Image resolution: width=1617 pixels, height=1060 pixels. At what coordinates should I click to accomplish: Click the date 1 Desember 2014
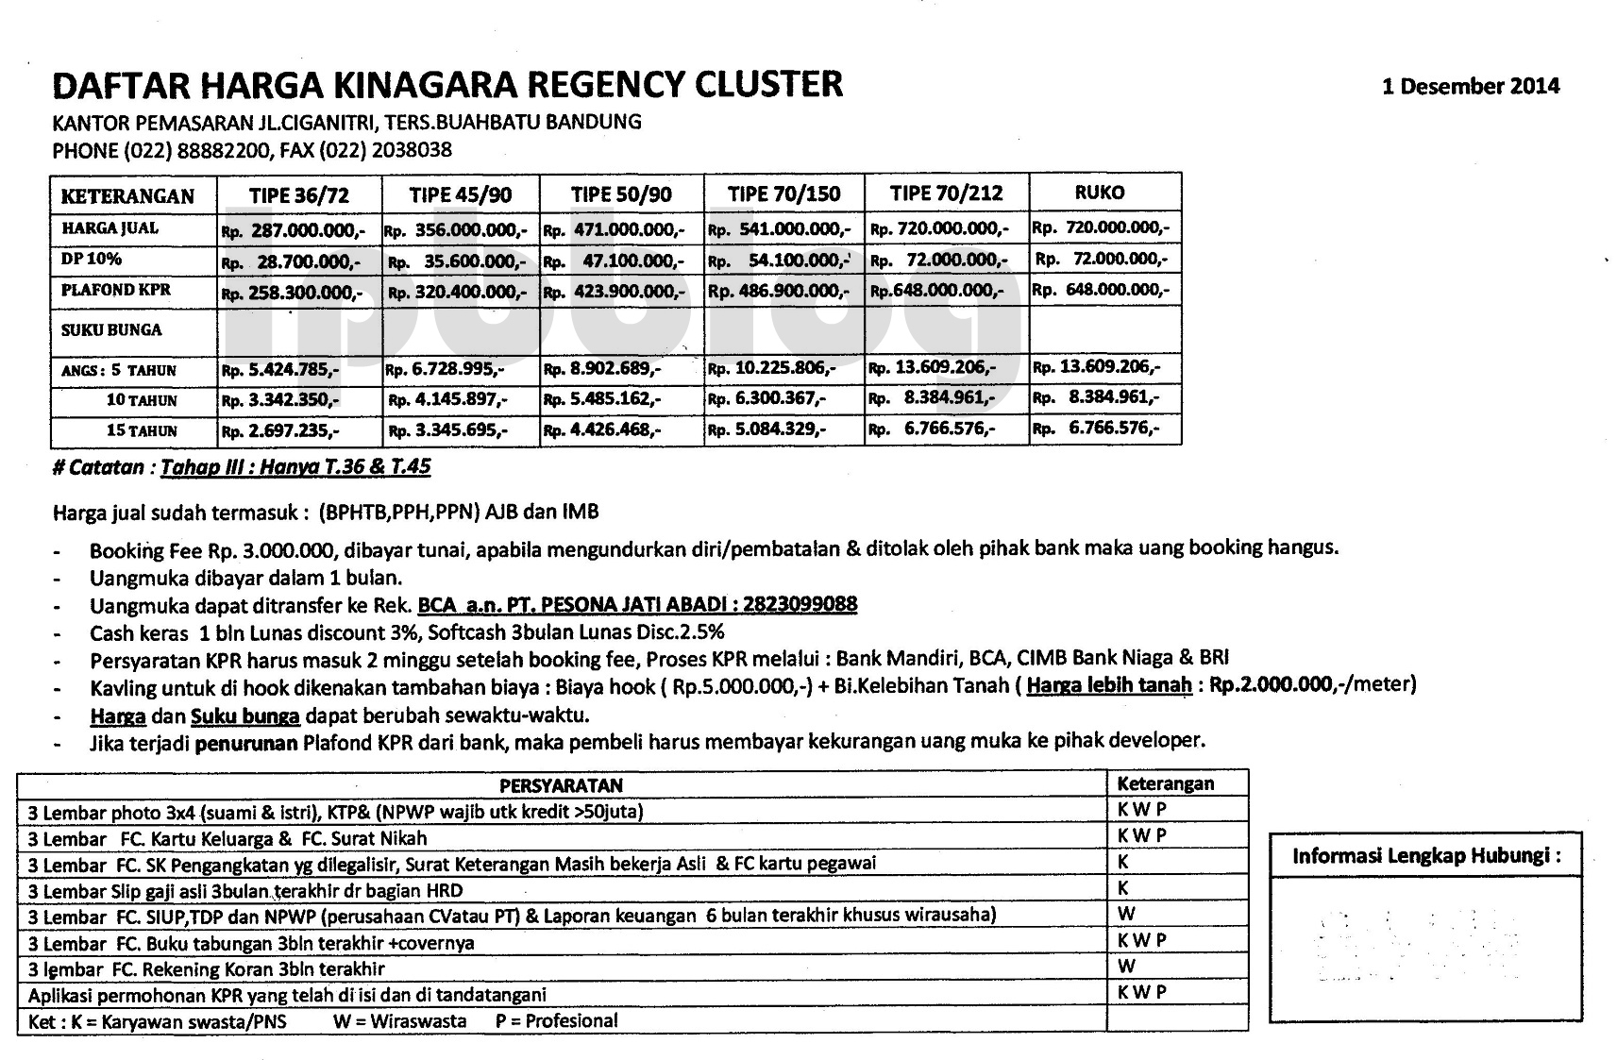(x=1470, y=87)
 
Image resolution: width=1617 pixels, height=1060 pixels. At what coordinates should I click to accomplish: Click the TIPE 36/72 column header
(x=299, y=195)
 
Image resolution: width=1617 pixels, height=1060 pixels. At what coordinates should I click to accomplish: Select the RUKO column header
(x=1100, y=193)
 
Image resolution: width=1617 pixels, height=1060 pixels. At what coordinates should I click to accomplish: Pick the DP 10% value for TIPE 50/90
(x=614, y=260)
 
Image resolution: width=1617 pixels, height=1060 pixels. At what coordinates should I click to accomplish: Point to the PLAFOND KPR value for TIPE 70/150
(x=779, y=291)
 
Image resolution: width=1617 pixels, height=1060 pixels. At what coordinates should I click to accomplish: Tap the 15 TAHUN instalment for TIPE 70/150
(x=767, y=429)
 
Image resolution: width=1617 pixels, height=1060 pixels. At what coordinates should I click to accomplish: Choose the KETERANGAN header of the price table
(x=127, y=196)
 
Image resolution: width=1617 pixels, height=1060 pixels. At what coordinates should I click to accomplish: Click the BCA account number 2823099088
(x=800, y=604)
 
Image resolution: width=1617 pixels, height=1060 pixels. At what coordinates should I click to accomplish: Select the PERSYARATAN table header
(x=561, y=785)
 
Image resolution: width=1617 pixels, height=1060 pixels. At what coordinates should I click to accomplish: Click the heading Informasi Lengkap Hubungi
(x=1425, y=856)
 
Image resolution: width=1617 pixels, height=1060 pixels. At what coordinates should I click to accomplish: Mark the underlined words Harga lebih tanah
(x=1108, y=685)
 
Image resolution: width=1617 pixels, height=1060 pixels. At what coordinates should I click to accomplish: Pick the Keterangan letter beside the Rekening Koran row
(x=1126, y=967)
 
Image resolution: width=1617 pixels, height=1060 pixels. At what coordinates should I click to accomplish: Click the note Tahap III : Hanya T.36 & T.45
(x=295, y=467)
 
